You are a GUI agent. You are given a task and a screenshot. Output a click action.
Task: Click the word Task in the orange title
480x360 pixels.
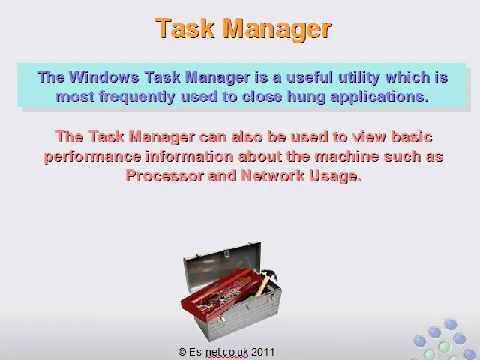click(184, 28)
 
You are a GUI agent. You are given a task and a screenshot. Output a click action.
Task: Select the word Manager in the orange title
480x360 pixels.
click(277, 29)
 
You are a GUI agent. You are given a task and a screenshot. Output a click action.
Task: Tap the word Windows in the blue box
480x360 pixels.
click(103, 76)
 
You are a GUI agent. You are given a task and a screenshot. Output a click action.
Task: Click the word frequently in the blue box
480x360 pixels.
click(136, 97)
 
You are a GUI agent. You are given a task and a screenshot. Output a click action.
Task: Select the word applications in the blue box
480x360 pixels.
click(380, 97)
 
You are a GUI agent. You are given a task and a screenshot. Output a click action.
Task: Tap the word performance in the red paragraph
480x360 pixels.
click(93, 157)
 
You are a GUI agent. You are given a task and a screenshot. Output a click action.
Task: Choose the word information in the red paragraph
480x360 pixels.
click(190, 157)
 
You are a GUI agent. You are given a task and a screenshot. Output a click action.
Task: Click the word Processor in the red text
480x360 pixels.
click(165, 176)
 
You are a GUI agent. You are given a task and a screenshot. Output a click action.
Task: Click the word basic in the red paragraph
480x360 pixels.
click(412, 136)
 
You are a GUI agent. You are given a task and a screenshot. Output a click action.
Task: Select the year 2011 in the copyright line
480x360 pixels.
click(263, 352)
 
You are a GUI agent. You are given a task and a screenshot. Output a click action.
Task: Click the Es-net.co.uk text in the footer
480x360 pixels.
click(218, 352)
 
